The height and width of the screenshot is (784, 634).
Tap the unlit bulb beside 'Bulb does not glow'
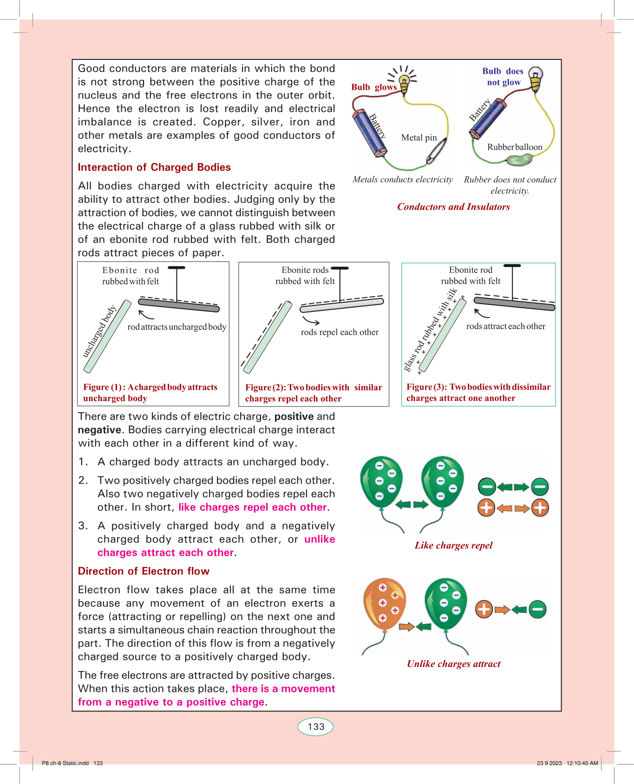tap(536, 79)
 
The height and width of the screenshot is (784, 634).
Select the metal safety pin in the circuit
tap(437, 151)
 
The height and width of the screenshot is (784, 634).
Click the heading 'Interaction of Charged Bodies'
tap(154, 167)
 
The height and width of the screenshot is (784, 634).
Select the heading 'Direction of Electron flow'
tap(144, 571)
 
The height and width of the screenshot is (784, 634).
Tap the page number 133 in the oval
tap(316, 726)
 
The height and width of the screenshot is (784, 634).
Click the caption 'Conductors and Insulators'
tap(453, 207)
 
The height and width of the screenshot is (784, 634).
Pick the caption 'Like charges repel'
tap(453, 545)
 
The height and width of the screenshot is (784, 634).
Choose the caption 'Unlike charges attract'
tap(453, 663)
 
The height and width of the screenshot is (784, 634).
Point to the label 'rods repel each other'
tap(340, 332)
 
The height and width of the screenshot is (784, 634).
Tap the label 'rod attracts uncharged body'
tap(177, 327)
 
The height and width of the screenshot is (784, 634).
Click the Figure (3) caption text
tap(478, 392)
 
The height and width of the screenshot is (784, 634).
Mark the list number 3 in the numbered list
tap(83, 526)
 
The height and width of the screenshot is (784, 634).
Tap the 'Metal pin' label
tap(419, 137)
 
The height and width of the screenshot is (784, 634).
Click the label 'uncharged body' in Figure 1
tap(99, 331)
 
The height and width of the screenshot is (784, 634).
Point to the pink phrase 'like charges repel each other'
tap(253, 507)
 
